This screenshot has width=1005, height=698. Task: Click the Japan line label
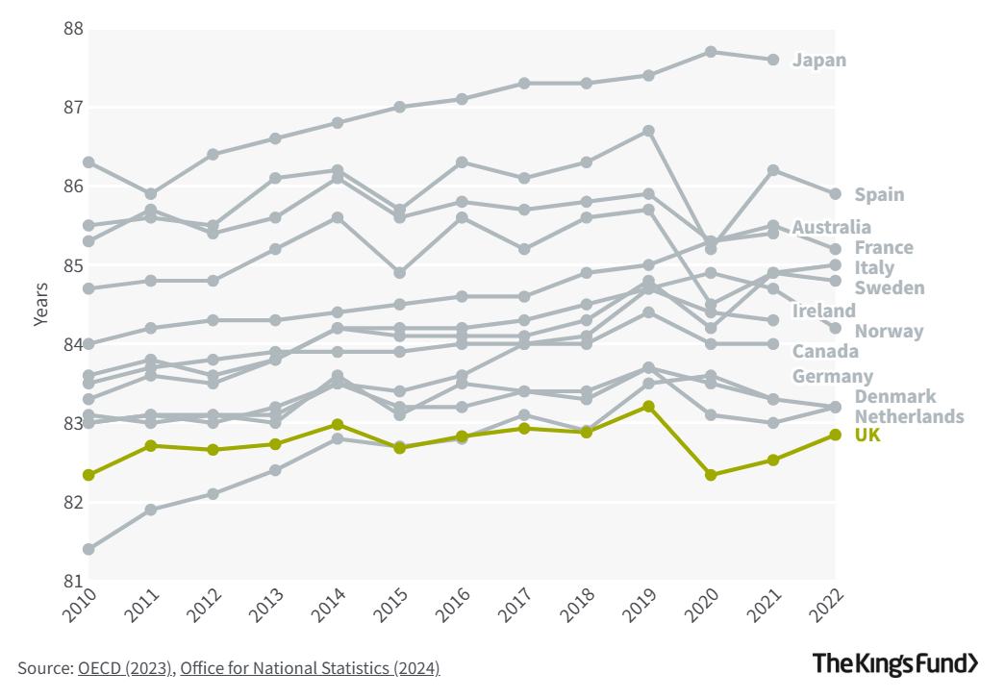819,61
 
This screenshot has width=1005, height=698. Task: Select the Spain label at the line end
879,195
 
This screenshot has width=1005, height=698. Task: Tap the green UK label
867,436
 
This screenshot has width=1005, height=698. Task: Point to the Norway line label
889,332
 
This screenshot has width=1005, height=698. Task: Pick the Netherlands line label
909,416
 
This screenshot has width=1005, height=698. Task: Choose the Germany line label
832,376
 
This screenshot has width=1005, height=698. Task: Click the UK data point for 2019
649,407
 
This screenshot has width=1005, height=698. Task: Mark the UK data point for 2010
88,475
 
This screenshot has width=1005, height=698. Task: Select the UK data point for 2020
711,475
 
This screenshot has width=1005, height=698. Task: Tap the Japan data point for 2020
711,52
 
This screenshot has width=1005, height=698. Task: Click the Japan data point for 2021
773,60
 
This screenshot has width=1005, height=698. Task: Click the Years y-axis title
40,304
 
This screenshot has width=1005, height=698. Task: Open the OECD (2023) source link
126,667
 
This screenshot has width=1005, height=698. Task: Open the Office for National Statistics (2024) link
310,667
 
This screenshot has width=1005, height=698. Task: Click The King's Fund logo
895,663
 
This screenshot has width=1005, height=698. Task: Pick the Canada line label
825,352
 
